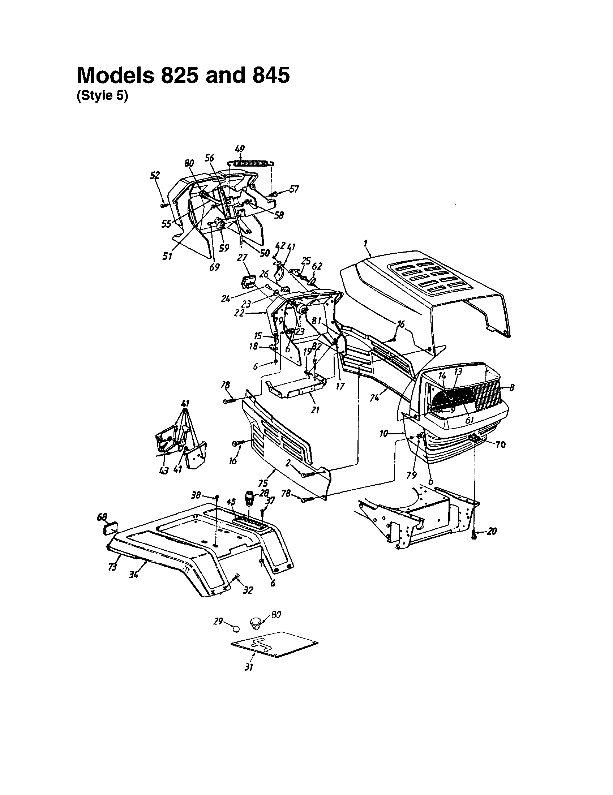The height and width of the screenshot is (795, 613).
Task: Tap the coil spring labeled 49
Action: tap(252, 163)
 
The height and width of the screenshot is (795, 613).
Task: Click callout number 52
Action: tap(155, 176)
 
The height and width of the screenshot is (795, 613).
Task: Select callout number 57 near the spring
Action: tap(294, 189)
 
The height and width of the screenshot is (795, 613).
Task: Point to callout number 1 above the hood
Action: tap(365, 243)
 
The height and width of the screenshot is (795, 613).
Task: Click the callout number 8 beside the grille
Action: tap(511, 388)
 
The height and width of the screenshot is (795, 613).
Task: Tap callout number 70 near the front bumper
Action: tap(501, 444)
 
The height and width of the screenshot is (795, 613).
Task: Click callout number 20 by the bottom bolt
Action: tap(492, 532)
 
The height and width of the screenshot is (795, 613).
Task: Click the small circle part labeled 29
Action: tap(236, 629)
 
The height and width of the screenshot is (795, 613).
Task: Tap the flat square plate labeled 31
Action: tap(274, 645)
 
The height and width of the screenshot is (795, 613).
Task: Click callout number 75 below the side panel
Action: tap(263, 483)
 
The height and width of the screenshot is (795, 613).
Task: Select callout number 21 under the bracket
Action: tap(315, 410)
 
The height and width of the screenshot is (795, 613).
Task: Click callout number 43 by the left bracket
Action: tap(164, 470)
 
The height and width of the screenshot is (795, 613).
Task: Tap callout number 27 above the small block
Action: tap(242, 258)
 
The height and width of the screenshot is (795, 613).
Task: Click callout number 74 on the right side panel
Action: tap(374, 398)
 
